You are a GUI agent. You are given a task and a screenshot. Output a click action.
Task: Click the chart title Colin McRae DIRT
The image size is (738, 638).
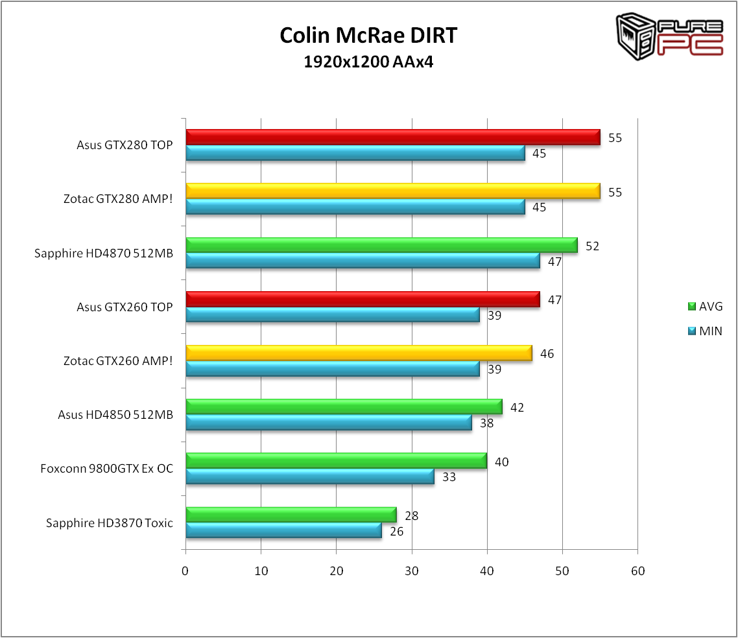(368, 36)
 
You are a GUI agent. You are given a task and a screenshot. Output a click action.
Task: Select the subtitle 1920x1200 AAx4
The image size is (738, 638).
(368, 62)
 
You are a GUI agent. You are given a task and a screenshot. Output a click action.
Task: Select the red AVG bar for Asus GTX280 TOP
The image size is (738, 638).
(392, 137)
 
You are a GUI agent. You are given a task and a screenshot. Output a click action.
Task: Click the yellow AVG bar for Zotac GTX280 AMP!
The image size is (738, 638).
(392, 191)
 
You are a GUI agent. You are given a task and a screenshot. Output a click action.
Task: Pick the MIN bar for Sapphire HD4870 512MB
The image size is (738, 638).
(363, 261)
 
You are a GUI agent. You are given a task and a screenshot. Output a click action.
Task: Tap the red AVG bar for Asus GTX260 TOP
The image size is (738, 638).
(363, 300)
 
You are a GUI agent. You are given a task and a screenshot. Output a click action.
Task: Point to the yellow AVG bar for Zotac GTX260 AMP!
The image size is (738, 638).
(359, 353)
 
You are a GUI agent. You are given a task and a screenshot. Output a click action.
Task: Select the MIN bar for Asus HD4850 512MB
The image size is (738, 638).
(329, 423)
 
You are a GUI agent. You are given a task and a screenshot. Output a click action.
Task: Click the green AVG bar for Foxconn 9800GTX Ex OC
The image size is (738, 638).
(336, 461)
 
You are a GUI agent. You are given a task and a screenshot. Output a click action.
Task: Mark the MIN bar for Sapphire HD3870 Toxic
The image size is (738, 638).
(283, 530)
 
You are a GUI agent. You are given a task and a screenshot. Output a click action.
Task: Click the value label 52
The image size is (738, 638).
(592, 246)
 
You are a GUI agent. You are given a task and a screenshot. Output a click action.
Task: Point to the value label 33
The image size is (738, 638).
(449, 477)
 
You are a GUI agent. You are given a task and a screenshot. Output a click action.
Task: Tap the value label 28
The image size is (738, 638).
(411, 516)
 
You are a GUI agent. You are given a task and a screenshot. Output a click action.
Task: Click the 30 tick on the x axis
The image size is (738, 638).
(412, 571)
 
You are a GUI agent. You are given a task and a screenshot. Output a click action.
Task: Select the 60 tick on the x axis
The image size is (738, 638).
(637, 571)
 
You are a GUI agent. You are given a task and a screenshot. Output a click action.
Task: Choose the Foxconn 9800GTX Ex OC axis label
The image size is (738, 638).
(107, 468)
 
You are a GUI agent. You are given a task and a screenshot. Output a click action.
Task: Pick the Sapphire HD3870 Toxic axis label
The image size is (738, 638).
(110, 523)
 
